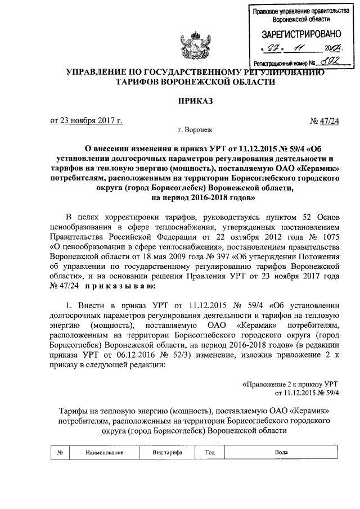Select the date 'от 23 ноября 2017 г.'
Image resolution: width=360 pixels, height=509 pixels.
click(x=86, y=119)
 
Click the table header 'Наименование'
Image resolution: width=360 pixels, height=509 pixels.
click(x=104, y=452)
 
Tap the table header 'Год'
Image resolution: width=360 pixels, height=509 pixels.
click(x=210, y=452)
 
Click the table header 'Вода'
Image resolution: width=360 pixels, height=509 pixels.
click(x=281, y=452)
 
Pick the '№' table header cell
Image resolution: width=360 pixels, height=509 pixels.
click(x=60, y=452)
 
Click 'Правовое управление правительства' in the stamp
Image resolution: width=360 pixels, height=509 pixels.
click(x=298, y=11)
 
